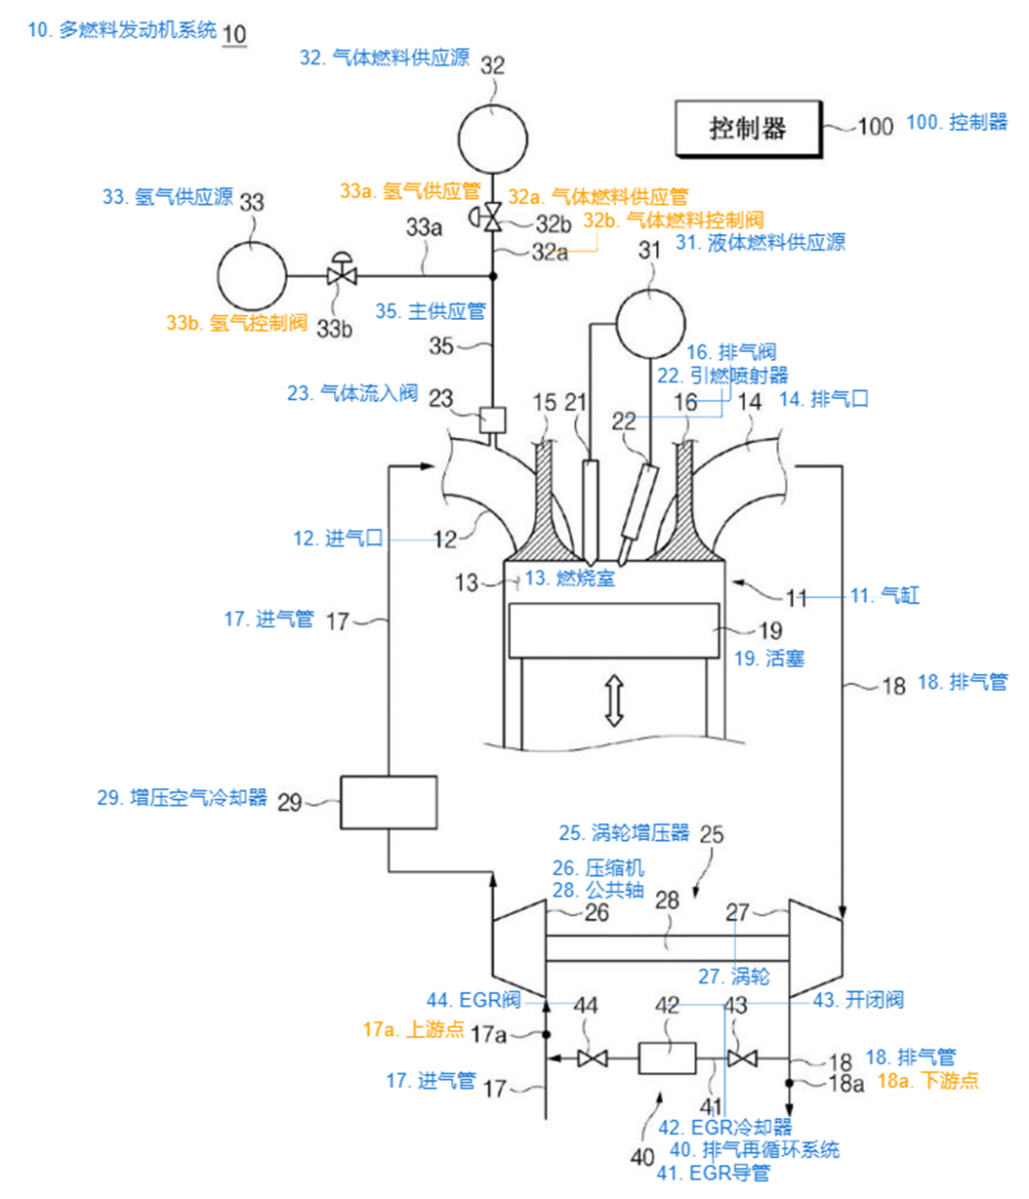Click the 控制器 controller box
coord(747,128)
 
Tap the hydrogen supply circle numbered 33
coord(252,277)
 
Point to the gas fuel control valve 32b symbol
coord(493,218)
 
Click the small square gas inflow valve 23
coord(493,420)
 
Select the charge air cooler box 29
coord(388,803)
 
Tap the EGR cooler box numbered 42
coord(667,1059)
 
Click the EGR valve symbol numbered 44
coord(591,1059)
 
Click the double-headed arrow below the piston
coord(613,700)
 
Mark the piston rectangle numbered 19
coord(613,629)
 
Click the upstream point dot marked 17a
coord(546,1034)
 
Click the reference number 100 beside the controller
coord(875,126)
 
